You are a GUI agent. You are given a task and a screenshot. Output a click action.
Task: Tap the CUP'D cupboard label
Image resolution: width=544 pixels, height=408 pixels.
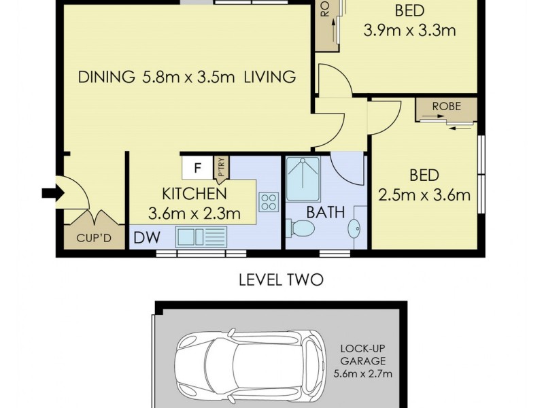pos(92,238)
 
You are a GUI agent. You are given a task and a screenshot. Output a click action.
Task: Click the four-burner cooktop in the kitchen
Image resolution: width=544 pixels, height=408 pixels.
pos(268,201)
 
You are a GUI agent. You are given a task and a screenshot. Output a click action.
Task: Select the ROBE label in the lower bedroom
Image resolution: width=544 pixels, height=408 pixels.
pos(446,106)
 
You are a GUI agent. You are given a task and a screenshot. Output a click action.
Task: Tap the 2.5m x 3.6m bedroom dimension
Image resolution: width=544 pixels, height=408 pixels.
pos(424,196)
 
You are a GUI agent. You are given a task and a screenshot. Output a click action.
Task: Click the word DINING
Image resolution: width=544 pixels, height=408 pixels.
pos(106,77)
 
